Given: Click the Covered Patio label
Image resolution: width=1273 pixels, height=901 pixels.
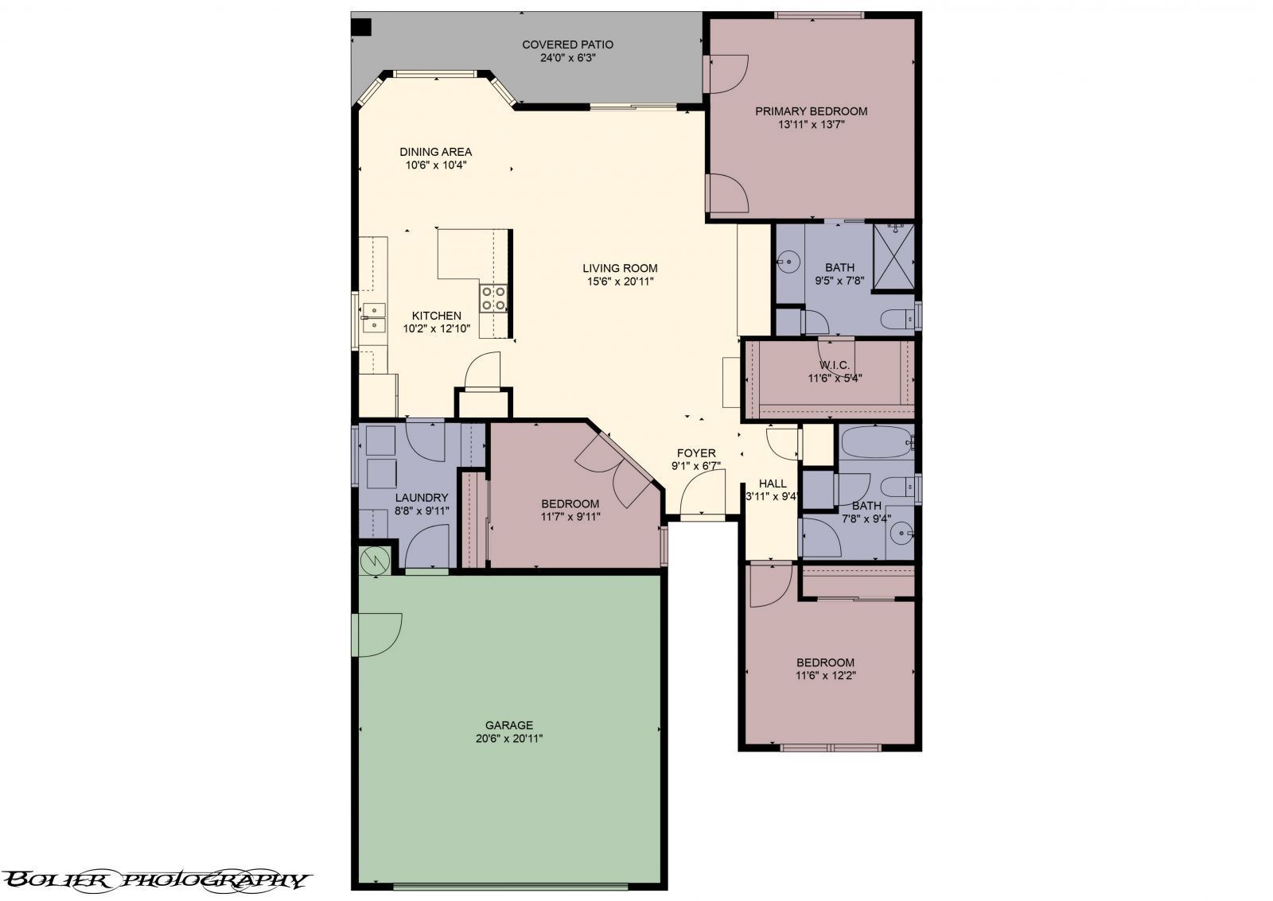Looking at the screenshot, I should [567, 45].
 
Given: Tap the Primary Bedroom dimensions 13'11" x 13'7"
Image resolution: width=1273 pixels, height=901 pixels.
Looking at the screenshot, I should [811, 124].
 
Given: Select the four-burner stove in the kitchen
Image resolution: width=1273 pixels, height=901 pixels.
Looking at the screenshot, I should [493, 297].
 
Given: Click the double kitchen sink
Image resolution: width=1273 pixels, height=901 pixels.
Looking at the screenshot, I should [372, 317].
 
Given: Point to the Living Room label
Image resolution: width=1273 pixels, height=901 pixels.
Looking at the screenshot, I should [620, 268].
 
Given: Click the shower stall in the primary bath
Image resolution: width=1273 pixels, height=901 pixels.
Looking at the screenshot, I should [893, 258].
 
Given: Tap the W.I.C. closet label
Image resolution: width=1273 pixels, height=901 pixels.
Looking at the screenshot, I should [835, 365].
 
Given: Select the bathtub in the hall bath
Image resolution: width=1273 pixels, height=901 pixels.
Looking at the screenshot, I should [875, 442].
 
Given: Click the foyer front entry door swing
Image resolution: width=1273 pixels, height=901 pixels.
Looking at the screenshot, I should [702, 493].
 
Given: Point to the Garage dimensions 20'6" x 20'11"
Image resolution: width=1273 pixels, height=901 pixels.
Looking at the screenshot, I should [509, 738].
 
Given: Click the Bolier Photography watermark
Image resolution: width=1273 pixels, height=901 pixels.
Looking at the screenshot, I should [155, 880].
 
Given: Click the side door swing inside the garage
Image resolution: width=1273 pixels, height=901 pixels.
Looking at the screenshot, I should [379, 634].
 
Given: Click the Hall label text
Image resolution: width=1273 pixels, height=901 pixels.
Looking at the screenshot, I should [772, 484].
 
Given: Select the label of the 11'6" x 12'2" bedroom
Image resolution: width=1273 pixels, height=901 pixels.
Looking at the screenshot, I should [825, 662].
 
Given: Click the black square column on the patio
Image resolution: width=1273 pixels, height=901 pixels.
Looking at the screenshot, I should [362, 27].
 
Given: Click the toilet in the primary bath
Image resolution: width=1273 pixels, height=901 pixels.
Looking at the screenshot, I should [897, 320].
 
